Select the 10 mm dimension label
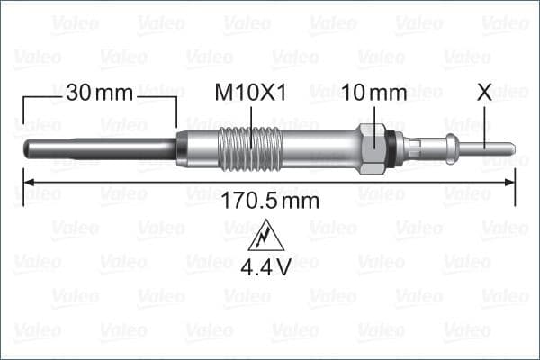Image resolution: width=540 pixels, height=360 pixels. click(x=373, y=92)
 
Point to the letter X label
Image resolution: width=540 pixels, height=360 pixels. click(x=485, y=92)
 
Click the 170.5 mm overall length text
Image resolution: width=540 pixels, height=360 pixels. click(x=269, y=201)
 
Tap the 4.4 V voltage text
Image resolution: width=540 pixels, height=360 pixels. click(x=266, y=266)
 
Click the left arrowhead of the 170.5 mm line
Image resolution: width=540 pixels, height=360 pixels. click(x=22, y=191)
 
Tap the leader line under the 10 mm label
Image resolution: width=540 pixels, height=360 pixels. click(x=373, y=117)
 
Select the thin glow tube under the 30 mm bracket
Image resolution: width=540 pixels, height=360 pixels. click(x=99, y=145)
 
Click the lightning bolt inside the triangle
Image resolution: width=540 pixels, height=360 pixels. click(x=266, y=238)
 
